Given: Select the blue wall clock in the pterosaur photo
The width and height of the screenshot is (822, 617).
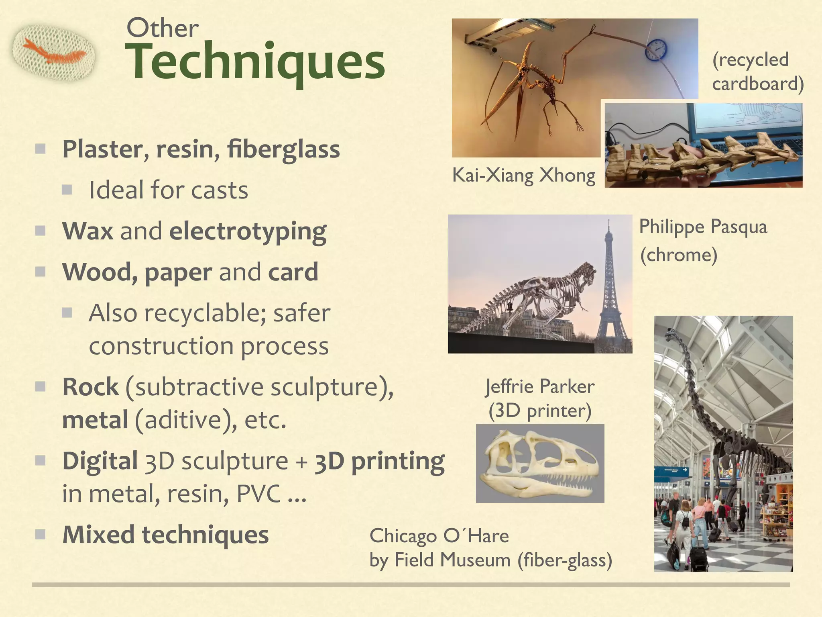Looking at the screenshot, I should [x=656, y=50].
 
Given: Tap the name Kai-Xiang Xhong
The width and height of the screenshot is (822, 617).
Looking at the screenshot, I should [x=523, y=175].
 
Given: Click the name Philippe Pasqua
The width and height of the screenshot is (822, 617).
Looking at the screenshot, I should [x=703, y=227].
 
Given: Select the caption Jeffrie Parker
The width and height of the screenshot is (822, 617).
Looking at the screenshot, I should [x=539, y=386].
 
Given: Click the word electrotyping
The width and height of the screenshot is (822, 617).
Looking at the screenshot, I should [x=248, y=232].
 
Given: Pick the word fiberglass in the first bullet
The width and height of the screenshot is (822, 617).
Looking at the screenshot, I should [x=283, y=149].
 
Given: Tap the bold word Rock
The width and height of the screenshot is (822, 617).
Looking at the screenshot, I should [x=91, y=387].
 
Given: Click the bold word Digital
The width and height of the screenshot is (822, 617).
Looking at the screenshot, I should [x=100, y=461].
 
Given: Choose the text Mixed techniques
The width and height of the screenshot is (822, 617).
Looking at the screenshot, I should [x=165, y=535].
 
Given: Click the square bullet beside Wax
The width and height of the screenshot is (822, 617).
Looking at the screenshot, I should [x=40, y=231].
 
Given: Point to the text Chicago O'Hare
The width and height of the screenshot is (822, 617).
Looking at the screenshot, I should [x=439, y=536].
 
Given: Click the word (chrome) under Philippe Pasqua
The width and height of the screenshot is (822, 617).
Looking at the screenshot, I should [x=678, y=255].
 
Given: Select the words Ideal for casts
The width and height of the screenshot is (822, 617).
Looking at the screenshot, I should [x=168, y=190].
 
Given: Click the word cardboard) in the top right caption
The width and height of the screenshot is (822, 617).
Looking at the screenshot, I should [x=757, y=84].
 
